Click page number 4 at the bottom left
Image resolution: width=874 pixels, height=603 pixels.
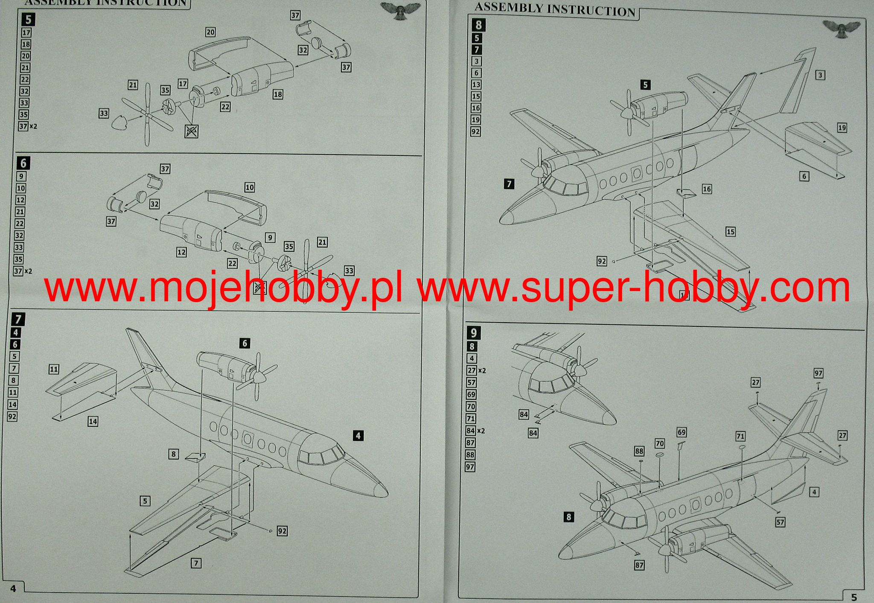[13, 588]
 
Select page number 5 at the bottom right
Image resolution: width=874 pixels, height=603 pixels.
[854, 597]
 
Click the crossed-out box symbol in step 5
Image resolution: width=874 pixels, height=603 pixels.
[191, 131]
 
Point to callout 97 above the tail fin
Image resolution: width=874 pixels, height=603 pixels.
[818, 373]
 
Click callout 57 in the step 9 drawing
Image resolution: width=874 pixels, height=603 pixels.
[780, 522]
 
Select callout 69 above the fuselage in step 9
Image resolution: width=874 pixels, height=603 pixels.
[682, 432]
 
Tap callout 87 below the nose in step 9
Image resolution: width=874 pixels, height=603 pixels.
[639, 565]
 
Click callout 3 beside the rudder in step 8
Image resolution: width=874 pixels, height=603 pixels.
[820, 76]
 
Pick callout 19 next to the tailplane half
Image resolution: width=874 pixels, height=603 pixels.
[842, 128]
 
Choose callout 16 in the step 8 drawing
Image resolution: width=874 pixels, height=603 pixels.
[707, 189]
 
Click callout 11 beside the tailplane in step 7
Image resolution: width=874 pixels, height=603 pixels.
[54, 369]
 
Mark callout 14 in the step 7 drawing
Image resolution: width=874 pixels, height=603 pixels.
[93, 422]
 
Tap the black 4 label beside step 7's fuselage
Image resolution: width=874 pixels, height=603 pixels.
[358, 436]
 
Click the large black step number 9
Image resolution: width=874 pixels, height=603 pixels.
[473, 333]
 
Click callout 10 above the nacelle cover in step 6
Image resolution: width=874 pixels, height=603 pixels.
[249, 187]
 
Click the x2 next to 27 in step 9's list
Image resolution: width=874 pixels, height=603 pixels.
[482, 371]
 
